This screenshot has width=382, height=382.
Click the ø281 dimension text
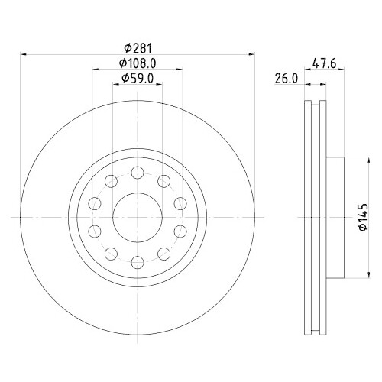138,47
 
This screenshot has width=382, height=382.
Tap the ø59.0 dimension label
138,77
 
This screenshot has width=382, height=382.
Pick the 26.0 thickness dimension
286,77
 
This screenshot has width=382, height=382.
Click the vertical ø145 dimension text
364,218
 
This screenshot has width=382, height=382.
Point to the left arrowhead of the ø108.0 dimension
95,70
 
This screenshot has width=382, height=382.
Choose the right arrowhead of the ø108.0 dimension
180,70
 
